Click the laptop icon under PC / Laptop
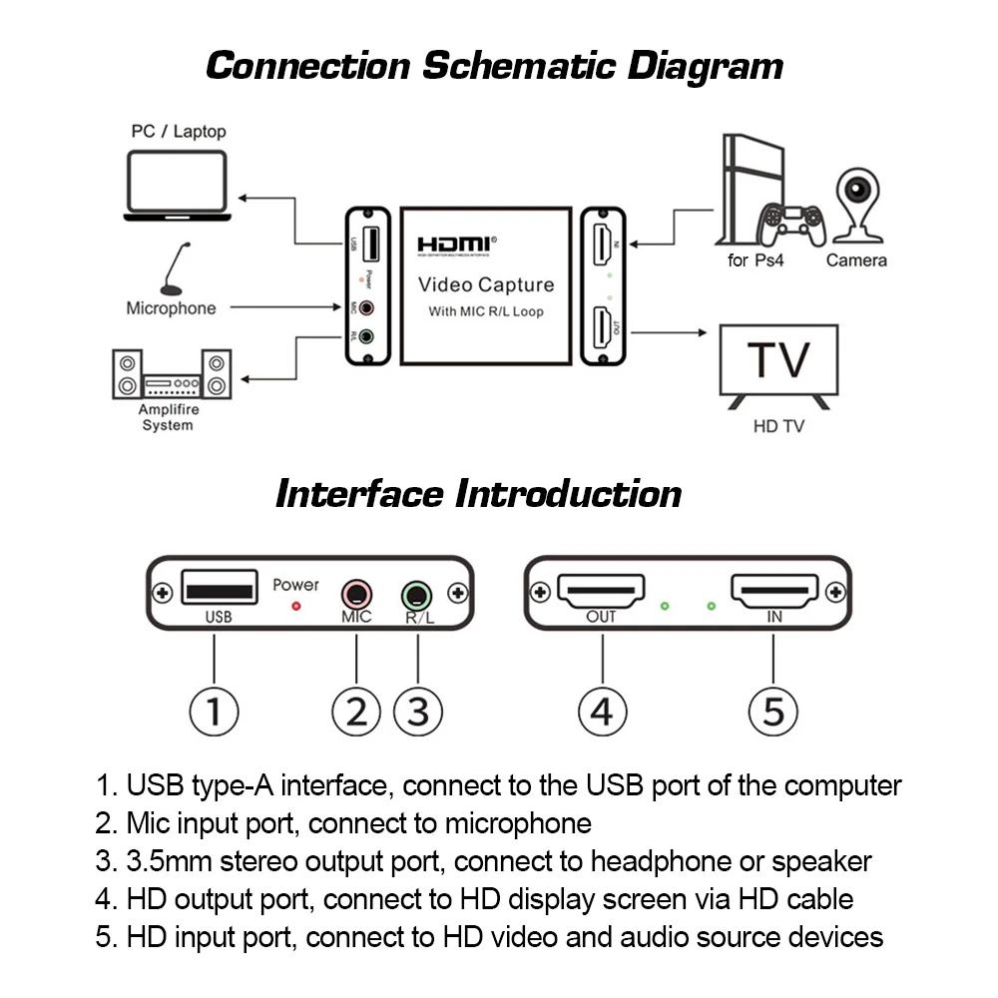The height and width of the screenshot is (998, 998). click(177, 186)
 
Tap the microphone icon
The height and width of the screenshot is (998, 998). click(173, 269)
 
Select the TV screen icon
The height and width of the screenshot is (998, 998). click(778, 366)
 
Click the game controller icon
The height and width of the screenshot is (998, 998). click(791, 225)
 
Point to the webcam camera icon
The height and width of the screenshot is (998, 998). click(858, 206)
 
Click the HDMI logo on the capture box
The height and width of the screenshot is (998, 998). click(456, 246)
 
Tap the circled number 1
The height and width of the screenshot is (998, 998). click(214, 711)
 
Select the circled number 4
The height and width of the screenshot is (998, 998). click(602, 711)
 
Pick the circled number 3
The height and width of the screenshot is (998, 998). click(417, 711)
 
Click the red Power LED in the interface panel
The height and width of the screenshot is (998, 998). click(296, 607)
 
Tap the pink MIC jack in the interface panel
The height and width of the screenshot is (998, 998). click(356, 595)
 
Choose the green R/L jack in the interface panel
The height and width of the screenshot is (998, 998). click(417, 596)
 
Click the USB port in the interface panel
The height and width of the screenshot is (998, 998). click(220, 587)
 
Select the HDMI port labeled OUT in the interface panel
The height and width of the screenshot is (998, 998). click(601, 591)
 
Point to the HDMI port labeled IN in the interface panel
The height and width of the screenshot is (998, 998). click(774, 591)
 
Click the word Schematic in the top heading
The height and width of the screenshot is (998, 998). click(519, 66)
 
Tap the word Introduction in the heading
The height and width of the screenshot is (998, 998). click(569, 494)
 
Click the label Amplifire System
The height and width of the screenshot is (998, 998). click(168, 417)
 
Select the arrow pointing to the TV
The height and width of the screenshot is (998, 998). click(669, 332)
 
